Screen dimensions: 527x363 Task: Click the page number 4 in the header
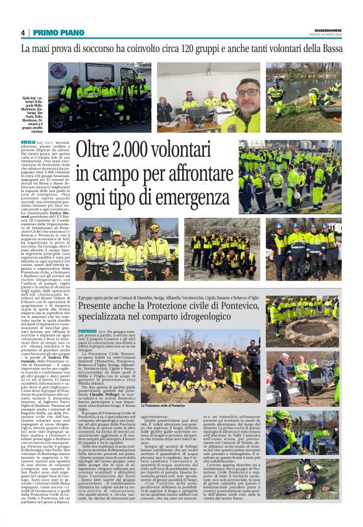[x=23, y=33]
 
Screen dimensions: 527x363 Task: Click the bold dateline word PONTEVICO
[x=88, y=330]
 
